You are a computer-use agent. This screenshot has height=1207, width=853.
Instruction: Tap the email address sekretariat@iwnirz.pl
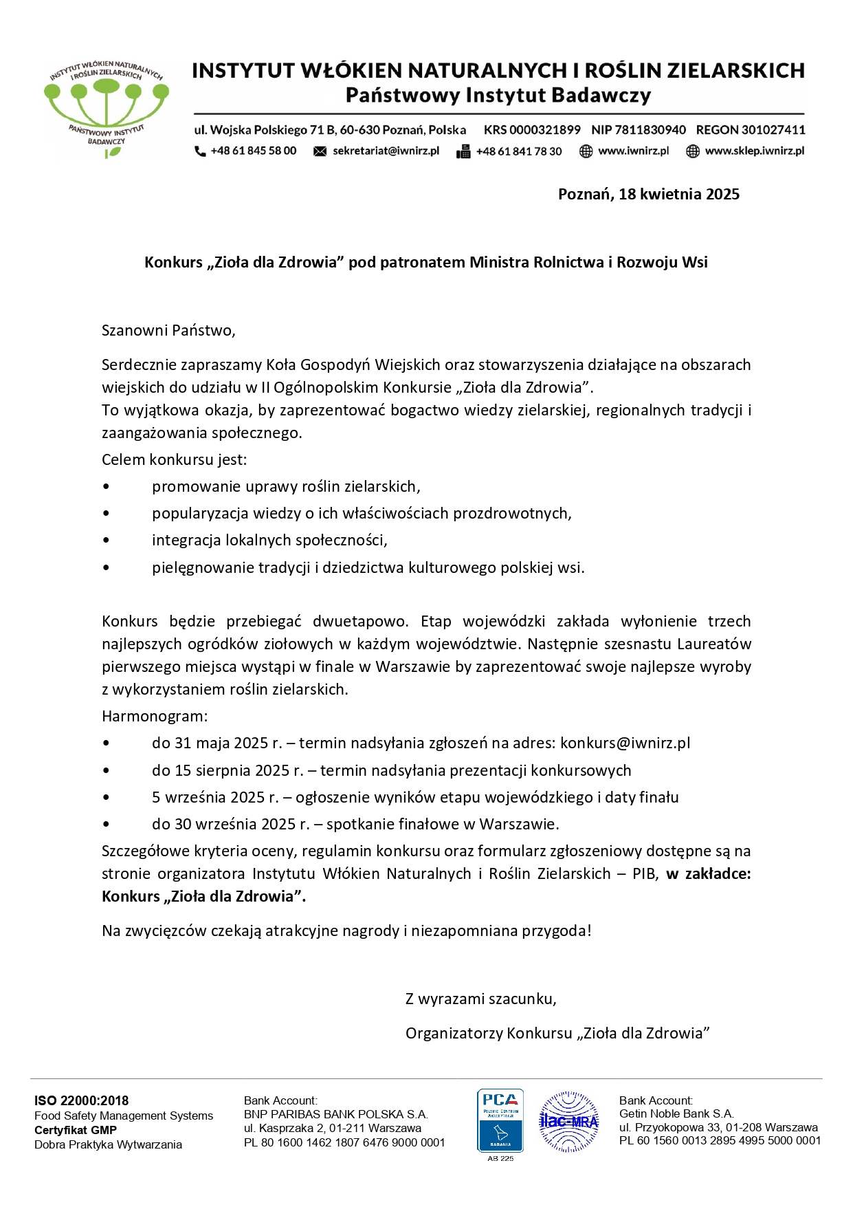(386, 151)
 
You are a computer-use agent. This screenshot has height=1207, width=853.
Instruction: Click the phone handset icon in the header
(200, 151)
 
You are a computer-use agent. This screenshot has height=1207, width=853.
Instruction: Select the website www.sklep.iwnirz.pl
(754, 151)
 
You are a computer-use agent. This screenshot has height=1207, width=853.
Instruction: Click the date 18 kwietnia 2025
(678, 194)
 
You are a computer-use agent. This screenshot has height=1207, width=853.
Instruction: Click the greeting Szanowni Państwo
(168, 330)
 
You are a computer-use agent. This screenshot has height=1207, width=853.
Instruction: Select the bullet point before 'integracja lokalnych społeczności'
(106, 541)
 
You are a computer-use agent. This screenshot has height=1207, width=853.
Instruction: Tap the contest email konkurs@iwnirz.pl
(625, 743)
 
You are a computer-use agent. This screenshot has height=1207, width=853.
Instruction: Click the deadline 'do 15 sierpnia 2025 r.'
(228, 770)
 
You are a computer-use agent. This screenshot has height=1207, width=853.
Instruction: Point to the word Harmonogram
(154, 716)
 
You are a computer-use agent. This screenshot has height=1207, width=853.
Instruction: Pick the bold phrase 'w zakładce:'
(708, 873)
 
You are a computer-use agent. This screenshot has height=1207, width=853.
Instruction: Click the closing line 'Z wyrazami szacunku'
(480, 999)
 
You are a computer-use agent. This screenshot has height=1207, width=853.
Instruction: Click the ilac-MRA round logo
(568, 1121)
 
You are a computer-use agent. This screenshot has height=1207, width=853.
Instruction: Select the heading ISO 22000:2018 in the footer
(81, 1100)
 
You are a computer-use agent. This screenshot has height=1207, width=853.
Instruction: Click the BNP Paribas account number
(344, 1142)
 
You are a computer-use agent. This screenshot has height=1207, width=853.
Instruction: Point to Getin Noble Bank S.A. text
(676, 1113)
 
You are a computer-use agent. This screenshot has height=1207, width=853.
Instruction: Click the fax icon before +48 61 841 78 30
(463, 151)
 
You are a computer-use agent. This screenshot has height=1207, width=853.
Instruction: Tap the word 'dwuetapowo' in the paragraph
(360, 621)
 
